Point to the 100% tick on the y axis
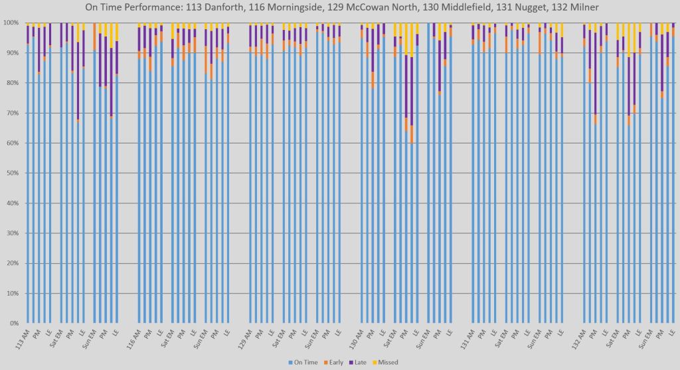click(11, 23)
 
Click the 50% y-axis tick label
click(12, 173)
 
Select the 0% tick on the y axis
click(14, 324)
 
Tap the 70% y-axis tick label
click(12, 113)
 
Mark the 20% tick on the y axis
click(12, 263)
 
